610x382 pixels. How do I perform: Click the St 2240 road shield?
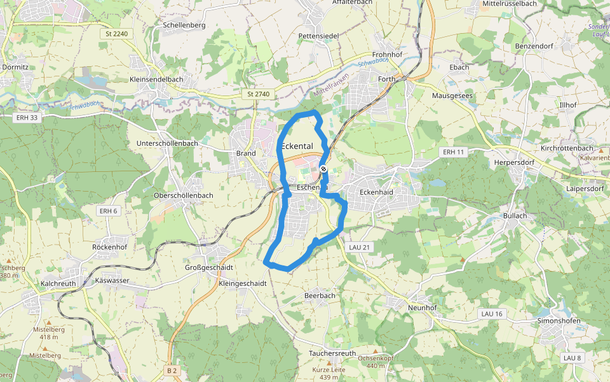(x=118, y=33)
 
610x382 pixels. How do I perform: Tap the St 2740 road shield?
(x=259, y=94)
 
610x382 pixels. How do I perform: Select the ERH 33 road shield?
(x=25, y=117)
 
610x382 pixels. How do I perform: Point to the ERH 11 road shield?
(x=454, y=152)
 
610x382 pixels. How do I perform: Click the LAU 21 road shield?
(x=359, y=246)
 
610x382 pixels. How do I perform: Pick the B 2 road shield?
(x=172, y=370)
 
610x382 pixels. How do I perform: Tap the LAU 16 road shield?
(x=492, y=314)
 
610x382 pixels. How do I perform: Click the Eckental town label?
(x=297, y=146)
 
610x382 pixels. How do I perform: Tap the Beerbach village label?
(x=320, y=296)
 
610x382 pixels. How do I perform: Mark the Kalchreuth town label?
(x=58, y=281)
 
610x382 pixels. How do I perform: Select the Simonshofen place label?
(x=559, y=321)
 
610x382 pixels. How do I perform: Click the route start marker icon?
(x=323, y=169)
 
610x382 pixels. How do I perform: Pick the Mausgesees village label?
(x=452, y=95)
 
